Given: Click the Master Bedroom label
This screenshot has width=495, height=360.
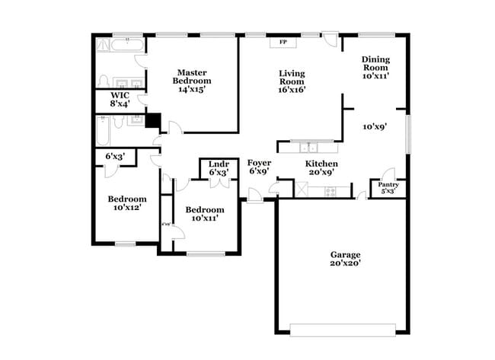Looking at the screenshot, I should point(193,80).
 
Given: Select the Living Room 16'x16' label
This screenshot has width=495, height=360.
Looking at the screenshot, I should point(292,81).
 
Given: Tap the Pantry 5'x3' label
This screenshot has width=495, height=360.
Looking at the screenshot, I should point(388,187).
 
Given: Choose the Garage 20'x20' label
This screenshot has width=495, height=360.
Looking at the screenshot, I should point(345,259).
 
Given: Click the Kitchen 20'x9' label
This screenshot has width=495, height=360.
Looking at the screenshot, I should point(321,168).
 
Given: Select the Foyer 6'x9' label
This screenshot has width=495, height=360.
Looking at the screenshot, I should point(259,167).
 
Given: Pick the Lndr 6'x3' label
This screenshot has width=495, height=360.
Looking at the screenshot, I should point(219,168).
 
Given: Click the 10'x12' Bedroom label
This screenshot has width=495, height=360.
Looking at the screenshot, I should point(126,202).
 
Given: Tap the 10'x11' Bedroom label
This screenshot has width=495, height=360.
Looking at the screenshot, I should point(205,213).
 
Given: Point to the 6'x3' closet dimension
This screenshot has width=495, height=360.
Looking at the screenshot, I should point(119,157).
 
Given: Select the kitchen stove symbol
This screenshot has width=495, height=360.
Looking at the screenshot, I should point(331,190).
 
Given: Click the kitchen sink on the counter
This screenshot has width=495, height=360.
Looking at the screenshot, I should point(309,147).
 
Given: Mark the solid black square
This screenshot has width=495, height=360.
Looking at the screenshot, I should point(154,120).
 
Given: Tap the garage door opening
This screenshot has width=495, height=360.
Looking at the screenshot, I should point(343,330).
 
